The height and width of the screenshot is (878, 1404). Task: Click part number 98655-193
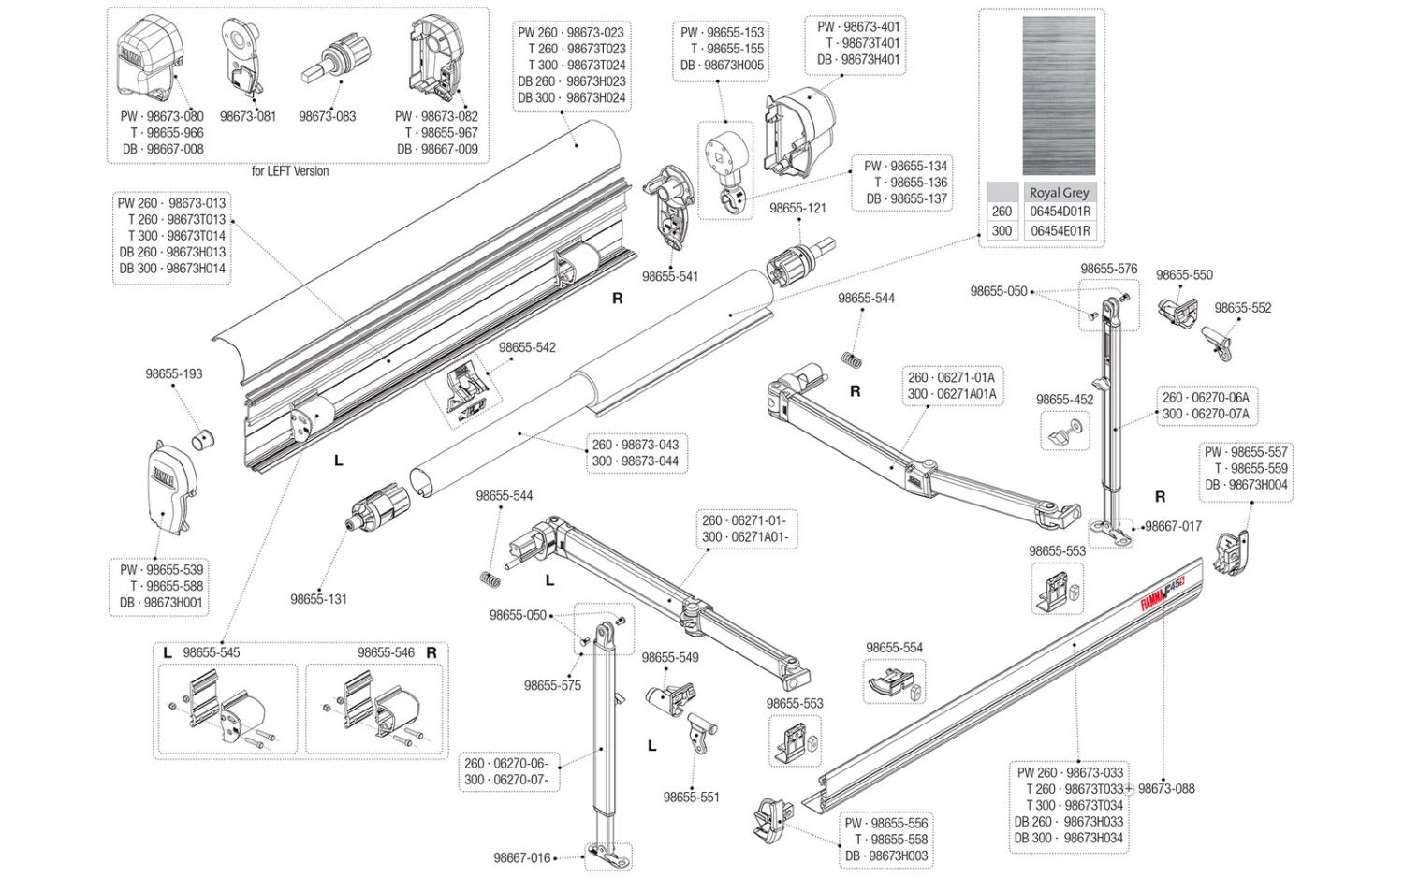pos(173,373)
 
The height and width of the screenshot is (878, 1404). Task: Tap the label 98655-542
pos(527,347)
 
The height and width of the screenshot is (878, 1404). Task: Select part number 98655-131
pos(318,599)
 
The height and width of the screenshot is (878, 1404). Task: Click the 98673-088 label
pos(1166,788)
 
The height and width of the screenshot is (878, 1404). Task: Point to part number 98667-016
pos(522,857)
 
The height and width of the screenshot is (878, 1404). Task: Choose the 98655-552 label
pos(1242,308)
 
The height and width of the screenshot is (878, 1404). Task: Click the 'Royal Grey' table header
pos(1059,193)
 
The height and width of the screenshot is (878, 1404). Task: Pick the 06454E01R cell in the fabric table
pos(1060,230)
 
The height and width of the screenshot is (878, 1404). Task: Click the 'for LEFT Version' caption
pos(290,171)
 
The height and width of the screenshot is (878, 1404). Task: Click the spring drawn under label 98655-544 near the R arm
pos(850,358)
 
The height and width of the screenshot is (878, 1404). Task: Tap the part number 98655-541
pos(669,276)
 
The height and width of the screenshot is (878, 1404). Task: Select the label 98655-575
pos(552,685)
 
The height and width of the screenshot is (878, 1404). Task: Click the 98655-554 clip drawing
pos(893,682)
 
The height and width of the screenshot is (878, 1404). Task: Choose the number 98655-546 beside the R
pos(386,652)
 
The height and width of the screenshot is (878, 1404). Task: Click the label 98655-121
pos(797,208)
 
